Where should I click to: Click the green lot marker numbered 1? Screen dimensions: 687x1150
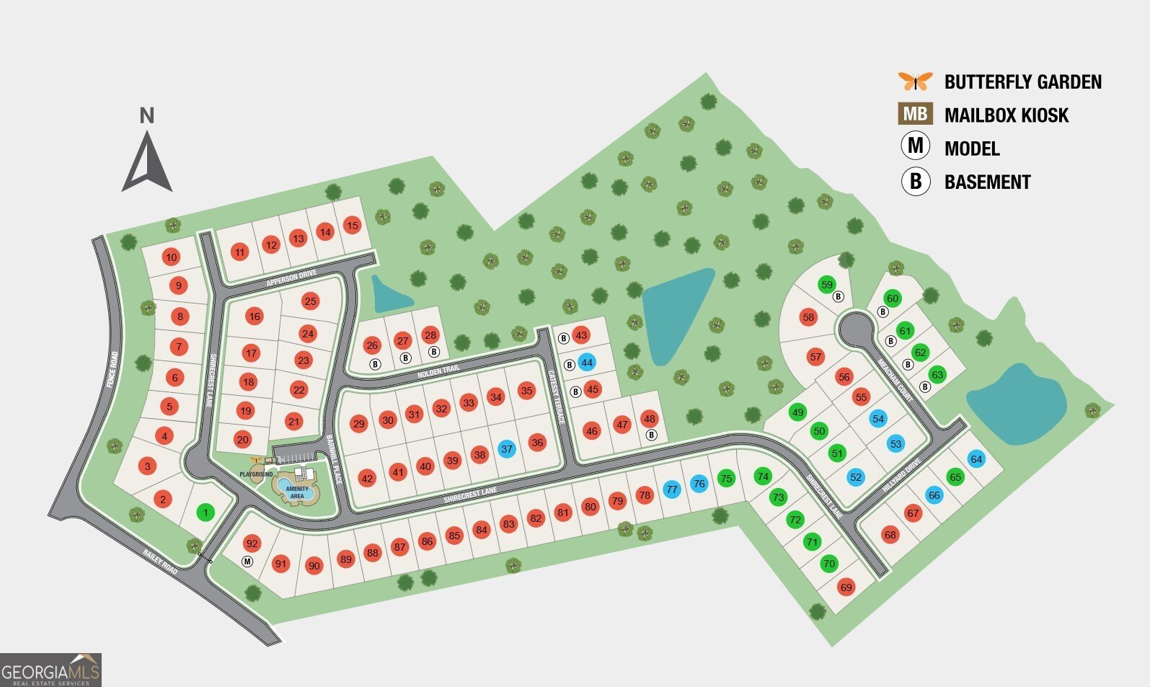pyautogui.click(x=205, y=513)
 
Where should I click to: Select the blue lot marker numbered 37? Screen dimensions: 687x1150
pyautogui.click(x=507, y=449)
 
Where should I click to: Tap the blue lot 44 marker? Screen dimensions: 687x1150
pyautogui.click(x=587, y=363)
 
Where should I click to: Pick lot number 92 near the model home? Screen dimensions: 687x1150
pyautogui.click(x=252, y=544)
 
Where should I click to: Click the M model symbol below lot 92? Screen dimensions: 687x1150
pyautogui.click(x=247, y=561)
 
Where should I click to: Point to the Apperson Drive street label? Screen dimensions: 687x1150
pyautogui.click(x=292, y=278)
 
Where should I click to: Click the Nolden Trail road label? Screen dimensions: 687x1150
pyautogui.click(x=438, y=372)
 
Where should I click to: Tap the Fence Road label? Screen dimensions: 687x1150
pyautogui.click(x=112, y=370)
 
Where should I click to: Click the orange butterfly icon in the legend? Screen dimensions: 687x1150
pyautogui.click(x=915, y=81)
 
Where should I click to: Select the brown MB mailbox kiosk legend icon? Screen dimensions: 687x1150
pyautogui.click(x=915, y=115)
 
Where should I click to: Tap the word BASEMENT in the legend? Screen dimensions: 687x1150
pyautogui.click(x=987, y=182)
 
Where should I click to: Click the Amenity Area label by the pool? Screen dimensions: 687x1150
pyautogui.click(x=297, y=492)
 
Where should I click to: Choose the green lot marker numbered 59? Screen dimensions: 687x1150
pyautogui.click(x=827, y=285)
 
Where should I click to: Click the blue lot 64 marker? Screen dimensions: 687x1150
pyautogui.click(x=976, y=459)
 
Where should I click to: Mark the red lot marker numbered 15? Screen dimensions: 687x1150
pyautogui.click(x=352, y=226)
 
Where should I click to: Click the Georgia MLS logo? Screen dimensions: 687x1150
pyautogui.click(x=50, y=670)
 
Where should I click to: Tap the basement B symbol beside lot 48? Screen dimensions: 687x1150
pyautogui.click(x=651, y=435)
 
